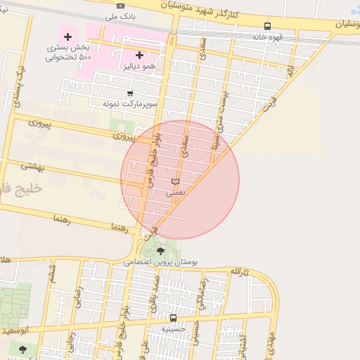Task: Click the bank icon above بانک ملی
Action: [120, 5]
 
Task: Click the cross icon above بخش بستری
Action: [67, 37]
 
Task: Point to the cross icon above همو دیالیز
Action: [139, 55]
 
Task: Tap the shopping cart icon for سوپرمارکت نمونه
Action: [129, 93]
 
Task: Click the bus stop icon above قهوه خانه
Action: [267, 26]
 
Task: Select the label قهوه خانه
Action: [267, 36]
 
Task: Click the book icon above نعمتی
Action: [175, 181]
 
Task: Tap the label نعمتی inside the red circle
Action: [176, 191]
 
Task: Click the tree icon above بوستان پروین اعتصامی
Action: [161, 250]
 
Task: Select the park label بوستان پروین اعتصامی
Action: [161, 262]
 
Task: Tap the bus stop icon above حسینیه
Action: [173, 318]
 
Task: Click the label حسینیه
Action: [173, 328]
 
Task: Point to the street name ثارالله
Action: [240, 271]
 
